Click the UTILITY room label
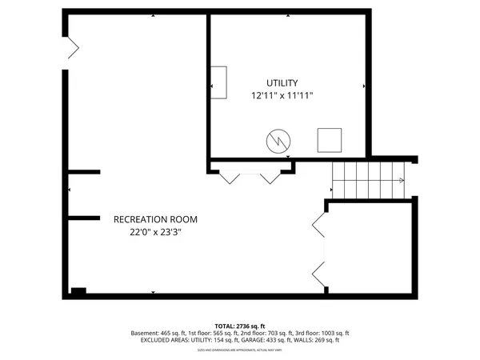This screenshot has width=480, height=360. pos(282,82)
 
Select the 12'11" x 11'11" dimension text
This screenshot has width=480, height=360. pos(282,95)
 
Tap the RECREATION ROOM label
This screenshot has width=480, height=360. pos(155,219)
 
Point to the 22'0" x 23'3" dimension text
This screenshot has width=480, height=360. pos(155,233)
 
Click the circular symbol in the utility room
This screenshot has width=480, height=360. pos(278,142)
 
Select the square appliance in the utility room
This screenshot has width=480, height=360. pos(329,140)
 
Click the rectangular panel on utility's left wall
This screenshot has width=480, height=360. pos(218,82)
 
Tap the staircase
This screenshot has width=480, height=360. pos(368,180)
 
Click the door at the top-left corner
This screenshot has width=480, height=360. pos(71,48)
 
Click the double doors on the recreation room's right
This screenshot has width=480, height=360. pos(318,248)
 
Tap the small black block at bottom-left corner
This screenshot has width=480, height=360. pos(78,290)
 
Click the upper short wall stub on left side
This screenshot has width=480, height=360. pos(83,171)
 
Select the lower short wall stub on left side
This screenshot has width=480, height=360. pos(83,217)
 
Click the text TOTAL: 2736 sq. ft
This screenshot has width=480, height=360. pos(240,326)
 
